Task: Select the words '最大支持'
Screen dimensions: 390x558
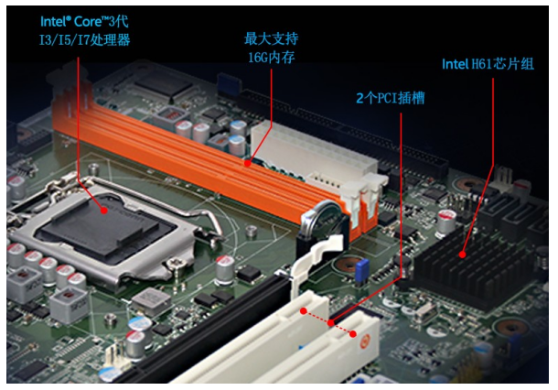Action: (272, 39)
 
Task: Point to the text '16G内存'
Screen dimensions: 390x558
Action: (272, 58)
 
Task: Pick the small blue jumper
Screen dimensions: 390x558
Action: (362, 270)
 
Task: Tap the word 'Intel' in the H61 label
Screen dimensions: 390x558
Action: (456, 64)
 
